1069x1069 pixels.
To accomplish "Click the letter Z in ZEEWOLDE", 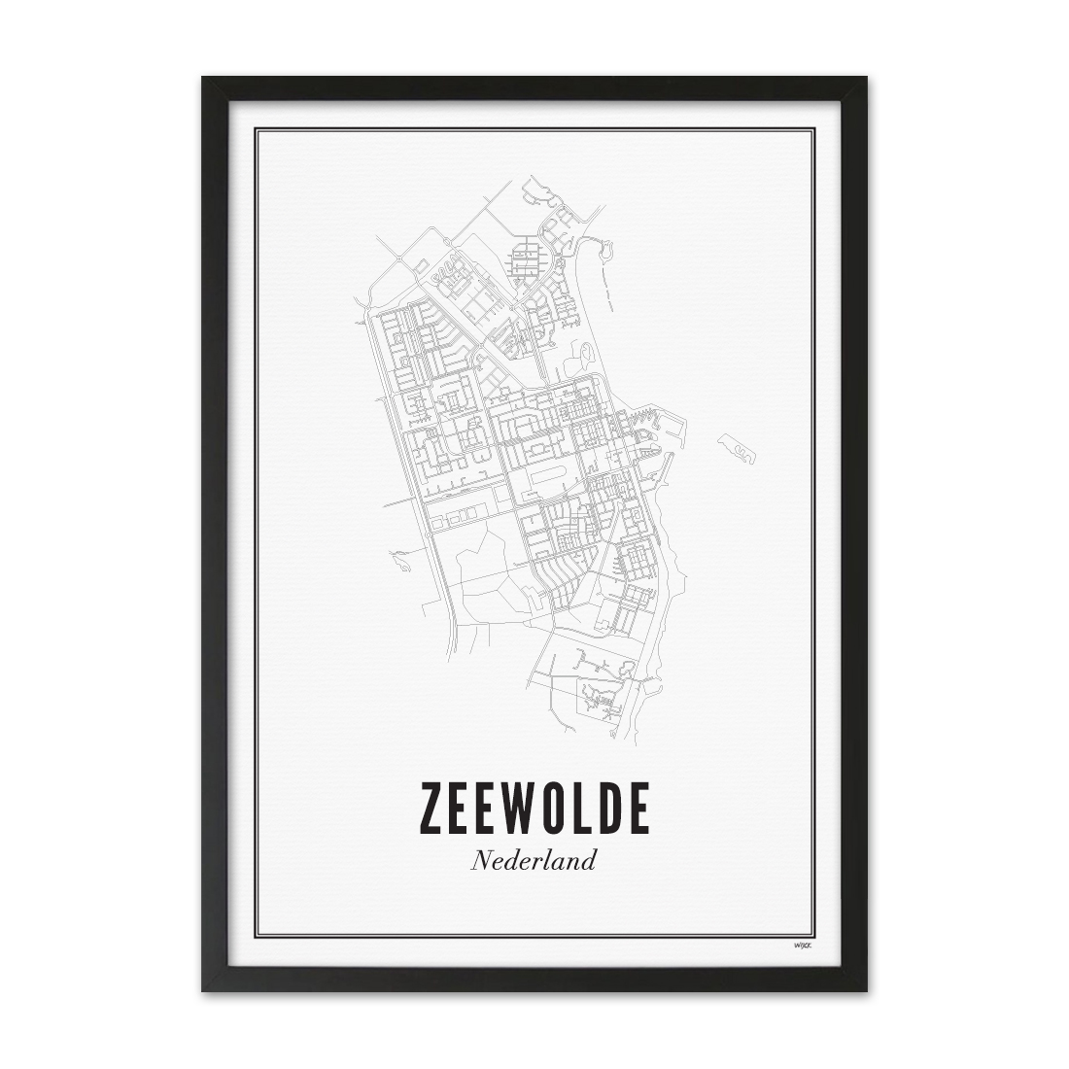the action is pyautogui.click(x=433, y=807).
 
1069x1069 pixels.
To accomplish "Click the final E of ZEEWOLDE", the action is pyautogui.click(x=638, y=807).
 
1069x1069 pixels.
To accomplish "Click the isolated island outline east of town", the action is pyautogui.click(x=737, y=448).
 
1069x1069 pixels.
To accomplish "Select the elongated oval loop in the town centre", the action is pyautogui.click(x=550, y=476).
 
